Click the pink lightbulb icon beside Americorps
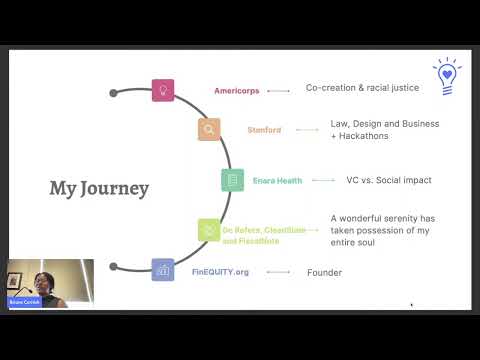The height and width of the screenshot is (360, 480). tap(162, 90)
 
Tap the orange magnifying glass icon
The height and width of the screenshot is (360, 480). tap(209, 129)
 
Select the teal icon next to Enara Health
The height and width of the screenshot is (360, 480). tap(233, 180)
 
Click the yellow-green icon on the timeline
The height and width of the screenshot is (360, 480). tap(209, 230)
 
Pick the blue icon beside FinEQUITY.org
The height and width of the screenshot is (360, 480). tap(162, 270)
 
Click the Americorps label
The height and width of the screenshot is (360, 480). tap(236, 91)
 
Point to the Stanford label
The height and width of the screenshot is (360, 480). tap(265, 130)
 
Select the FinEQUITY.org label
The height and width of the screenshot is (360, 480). tap(219, 271)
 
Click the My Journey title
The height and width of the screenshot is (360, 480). tap(99, 188)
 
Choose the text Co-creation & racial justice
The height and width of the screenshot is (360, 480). tap(362, 88)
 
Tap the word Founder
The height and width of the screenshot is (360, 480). tap(324, 272)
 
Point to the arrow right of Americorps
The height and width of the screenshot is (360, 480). tap(279, 91)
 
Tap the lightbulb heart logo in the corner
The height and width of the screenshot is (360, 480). tap(447, 75)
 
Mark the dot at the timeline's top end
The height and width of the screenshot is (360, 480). tap(114, 93)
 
